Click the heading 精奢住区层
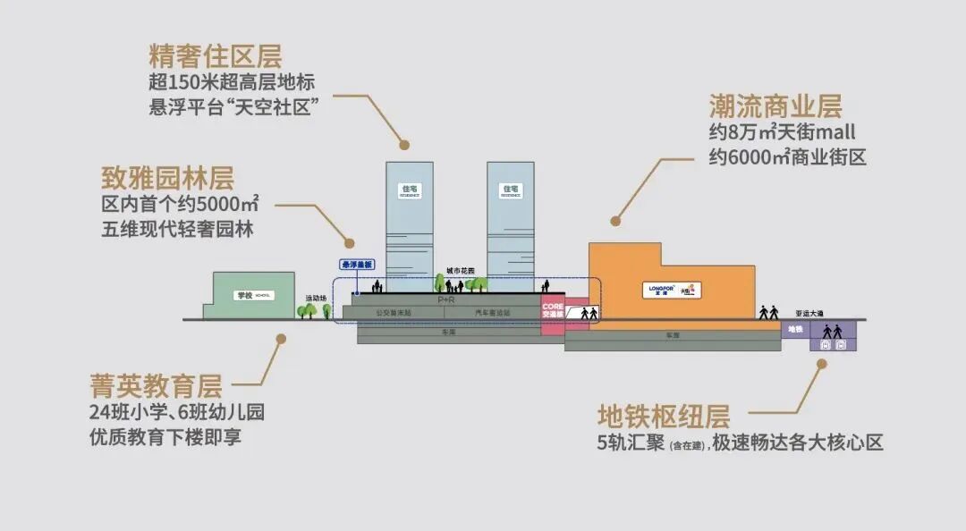pos(215,56)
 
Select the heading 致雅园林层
pos(167,177)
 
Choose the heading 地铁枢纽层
pos(664,416)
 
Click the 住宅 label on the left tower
pos(410,190)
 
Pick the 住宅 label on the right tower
pos(511,190)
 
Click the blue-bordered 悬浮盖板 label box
pos(357,265)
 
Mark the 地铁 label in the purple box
pos(795,329)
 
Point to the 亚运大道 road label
pos(809,314)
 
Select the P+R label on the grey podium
pos(447,302)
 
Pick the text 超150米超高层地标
pos(232,82)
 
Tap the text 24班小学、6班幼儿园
pos(176,413)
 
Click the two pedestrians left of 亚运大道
pos(768,312)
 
